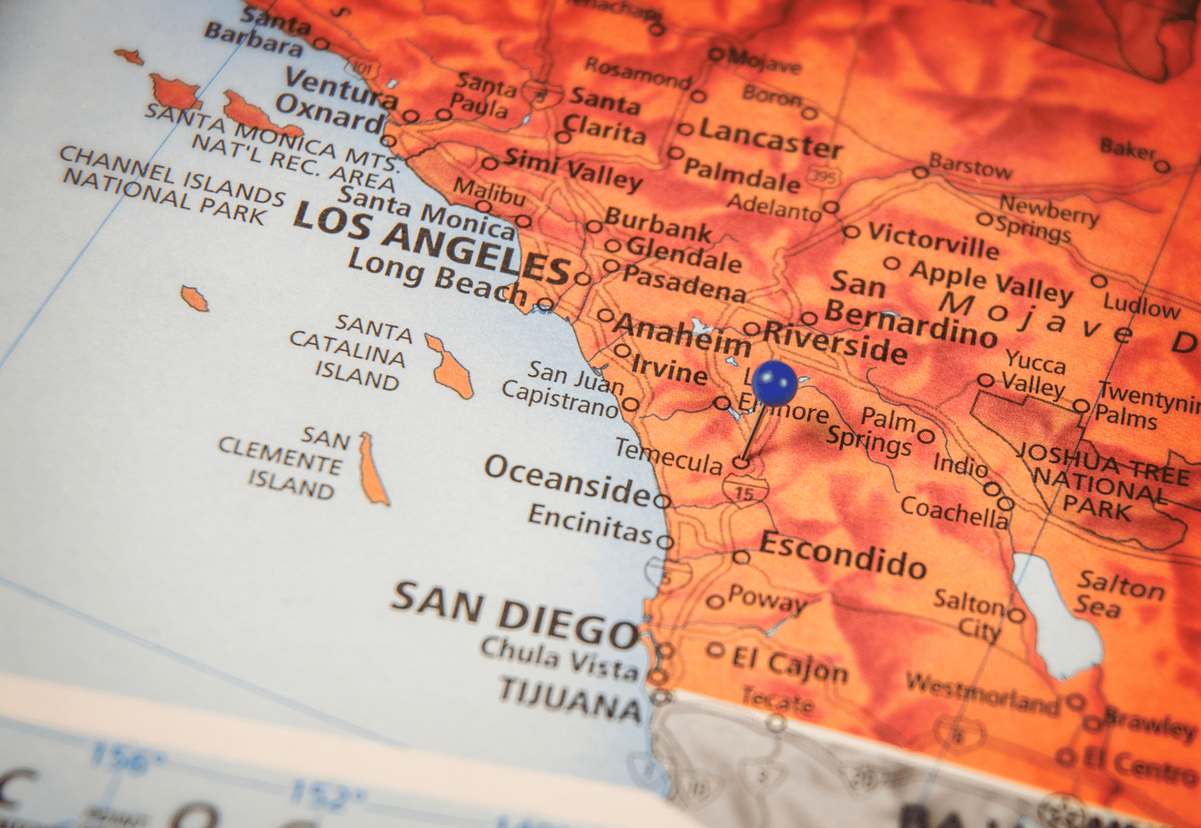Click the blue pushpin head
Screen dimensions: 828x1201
click(x=774, y=382)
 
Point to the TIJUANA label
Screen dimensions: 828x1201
click(x=570, y=698)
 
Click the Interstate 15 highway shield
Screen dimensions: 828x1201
click(x=745, y=491)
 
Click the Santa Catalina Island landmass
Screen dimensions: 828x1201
click(x=450, y=366)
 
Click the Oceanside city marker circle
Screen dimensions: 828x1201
click(x=662, y=500)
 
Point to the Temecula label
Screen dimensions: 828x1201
click(x=668, y=457)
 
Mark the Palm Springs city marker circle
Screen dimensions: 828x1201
click(x=926, y=437)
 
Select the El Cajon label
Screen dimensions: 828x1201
click(x=790, y=663)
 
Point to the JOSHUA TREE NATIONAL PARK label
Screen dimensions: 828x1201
click(x=1103, y=481)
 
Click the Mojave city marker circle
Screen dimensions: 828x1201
click(x=716, y=55)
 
